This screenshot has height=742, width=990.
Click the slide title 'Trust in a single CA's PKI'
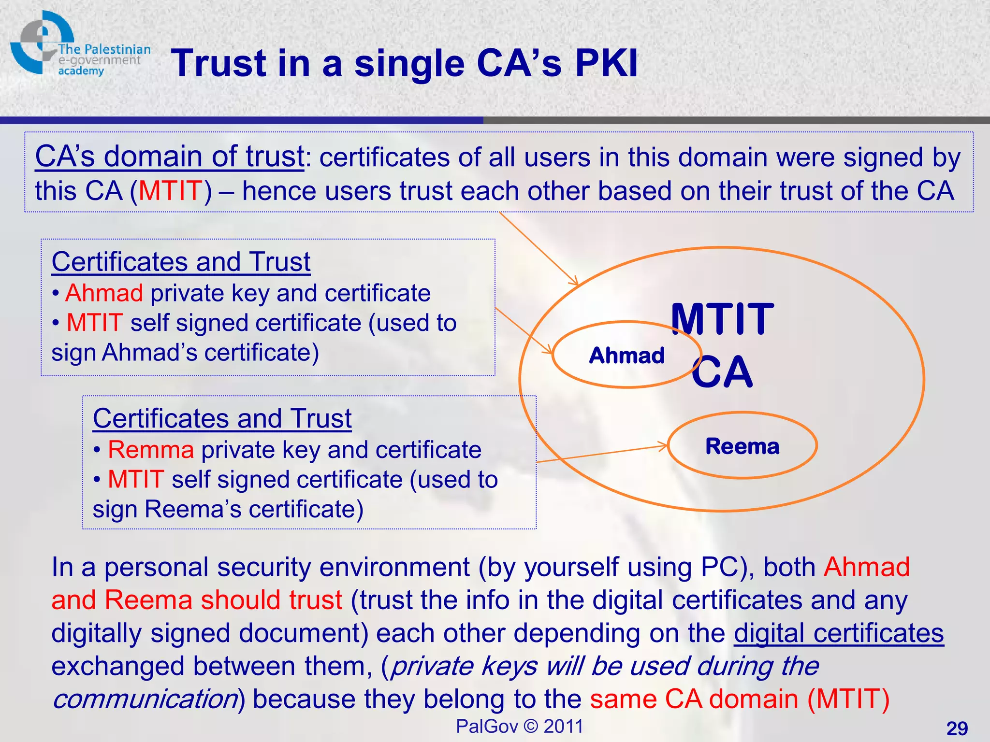[404, 63]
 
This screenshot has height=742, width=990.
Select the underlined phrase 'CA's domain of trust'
[169, 157]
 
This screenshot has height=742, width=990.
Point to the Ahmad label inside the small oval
[626, 356]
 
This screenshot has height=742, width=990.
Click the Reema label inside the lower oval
[742, 446]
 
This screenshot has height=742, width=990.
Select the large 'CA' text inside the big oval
[722, 372]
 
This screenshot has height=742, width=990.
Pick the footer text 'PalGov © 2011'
[520, 726]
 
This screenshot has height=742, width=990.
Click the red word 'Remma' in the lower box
[151, 450]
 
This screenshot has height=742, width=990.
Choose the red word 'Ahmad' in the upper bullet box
[104, 293]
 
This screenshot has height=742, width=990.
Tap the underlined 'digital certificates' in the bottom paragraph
[839, 633]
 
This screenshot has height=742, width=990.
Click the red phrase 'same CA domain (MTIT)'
[740, 699]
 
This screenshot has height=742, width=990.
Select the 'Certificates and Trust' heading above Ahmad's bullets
[181, 262]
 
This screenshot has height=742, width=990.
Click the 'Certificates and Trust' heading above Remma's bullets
[222, 418]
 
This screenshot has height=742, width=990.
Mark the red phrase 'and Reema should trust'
[197, 600]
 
